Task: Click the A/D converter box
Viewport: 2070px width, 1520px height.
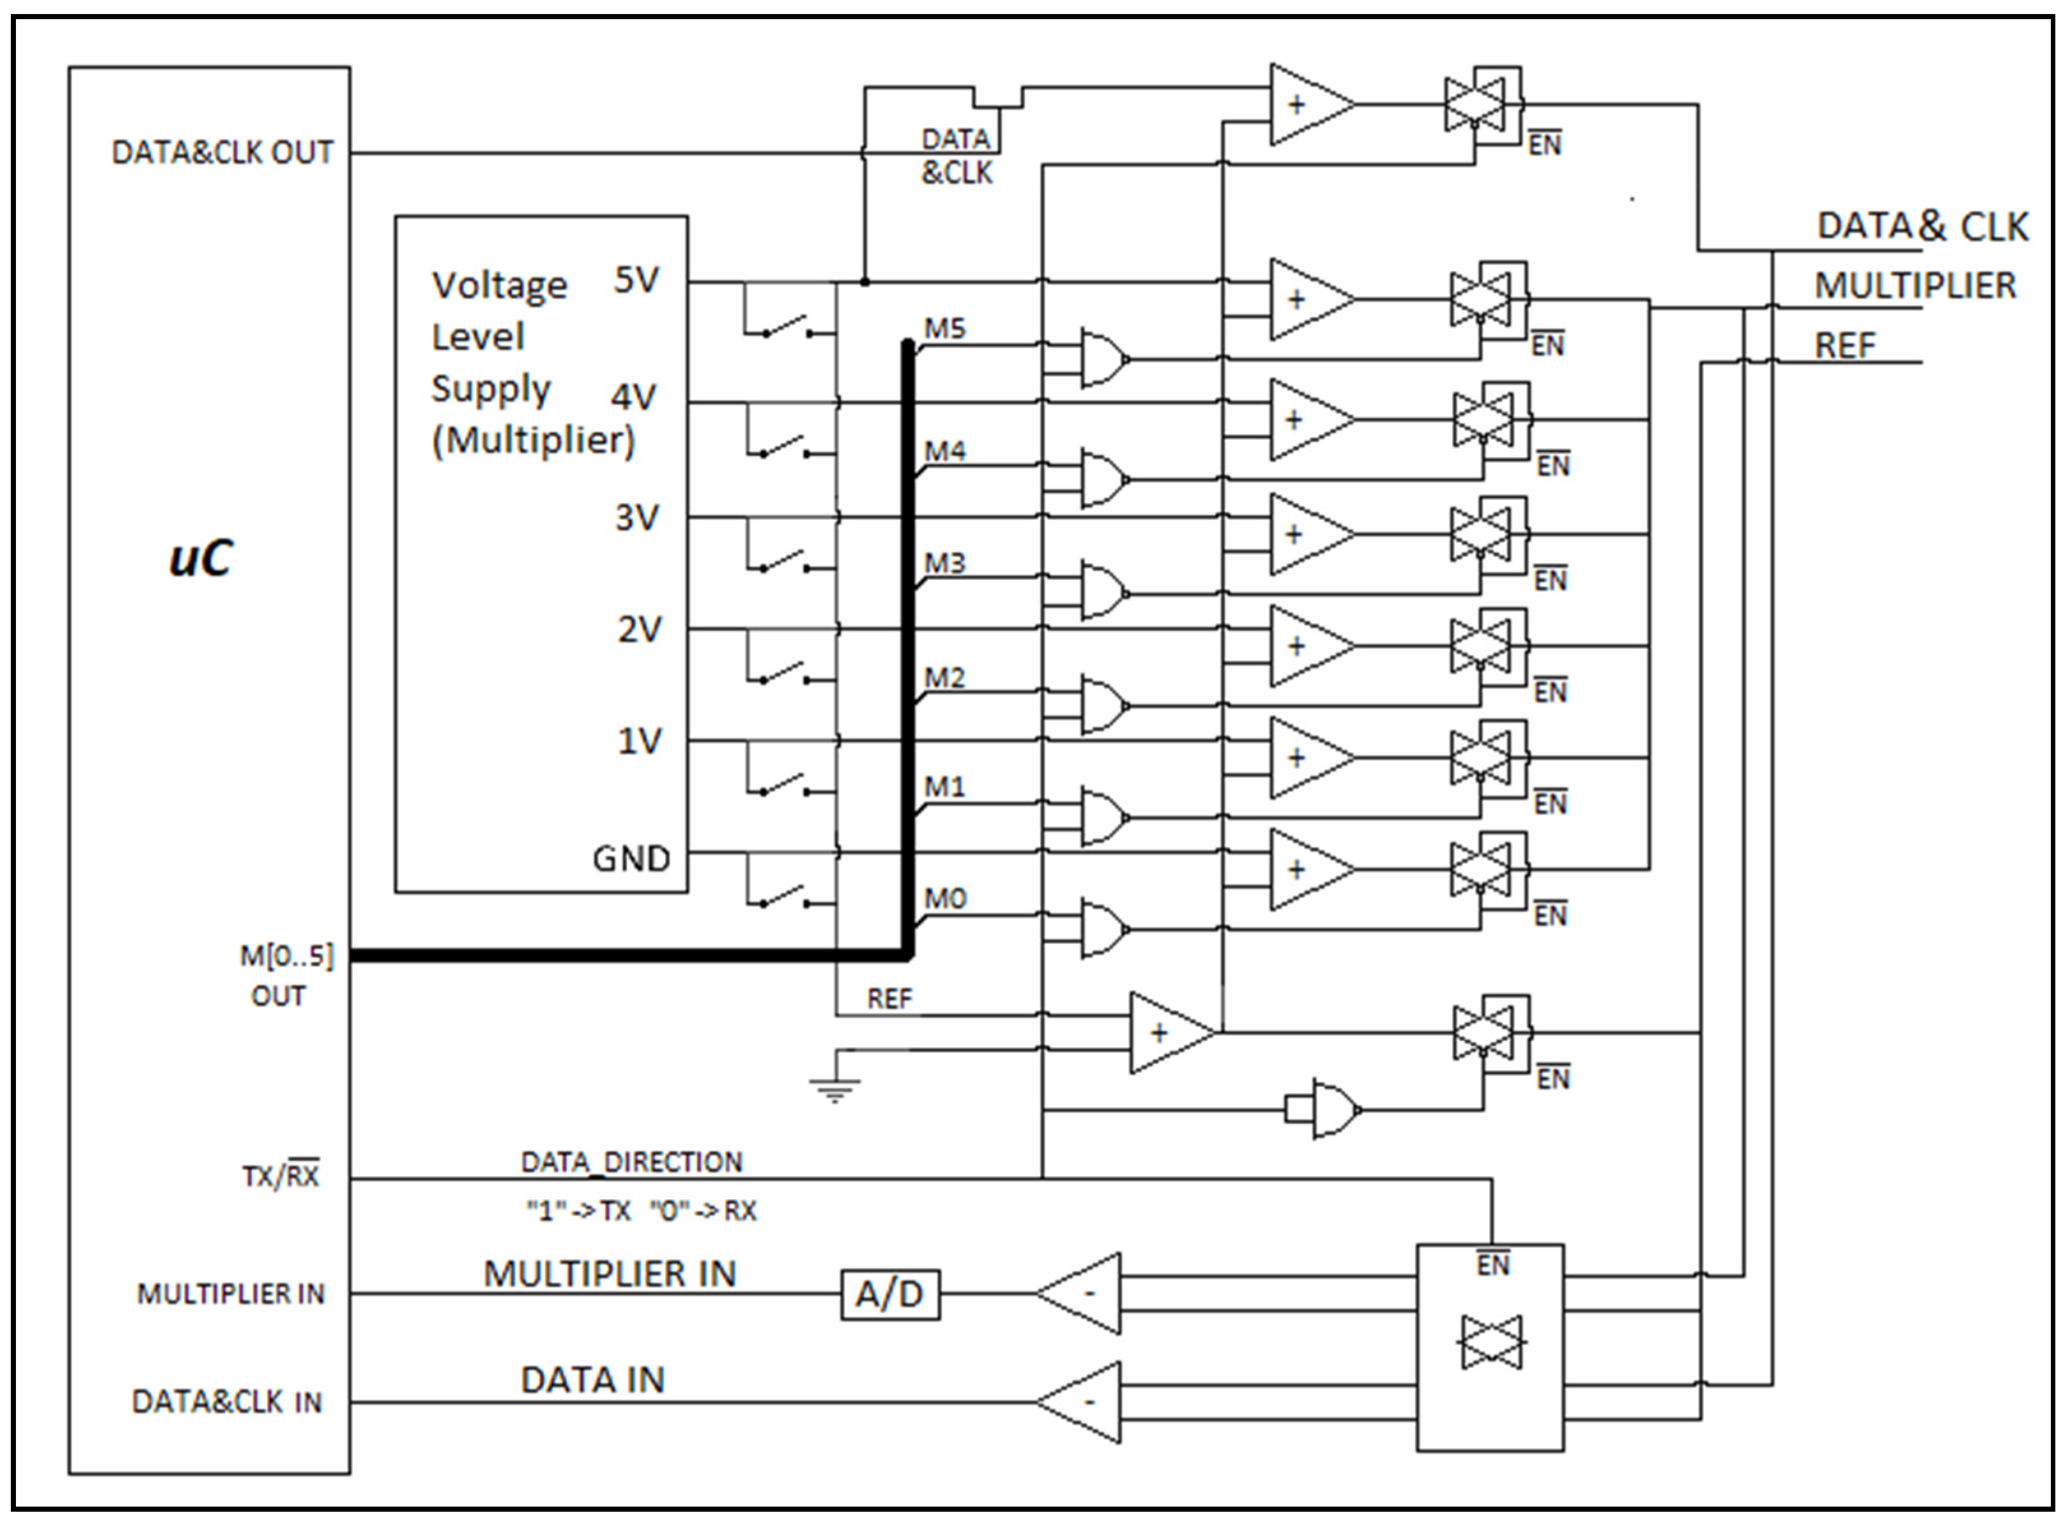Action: [890, 1295]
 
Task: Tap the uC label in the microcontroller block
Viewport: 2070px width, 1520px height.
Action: [201, 557]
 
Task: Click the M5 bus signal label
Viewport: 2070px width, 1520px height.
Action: [945, 328]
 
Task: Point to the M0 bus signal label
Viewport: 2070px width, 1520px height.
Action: [945, 898]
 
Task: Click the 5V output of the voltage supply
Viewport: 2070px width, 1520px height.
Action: [636, 280]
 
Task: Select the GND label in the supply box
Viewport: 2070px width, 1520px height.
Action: [631, 859]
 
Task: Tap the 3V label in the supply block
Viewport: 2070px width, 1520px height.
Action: [636, 517]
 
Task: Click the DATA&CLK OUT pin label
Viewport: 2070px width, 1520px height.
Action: [222, 152]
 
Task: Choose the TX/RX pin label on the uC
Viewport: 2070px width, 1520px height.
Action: [281, 1176]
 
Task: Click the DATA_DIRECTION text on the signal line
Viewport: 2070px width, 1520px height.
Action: [631, 1162]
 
